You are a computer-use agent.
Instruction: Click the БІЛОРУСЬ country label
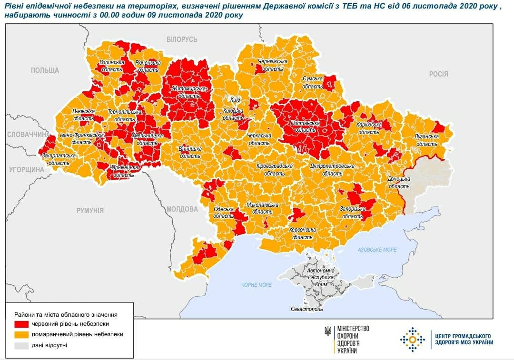[182, 39]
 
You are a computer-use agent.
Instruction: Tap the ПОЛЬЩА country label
[45, 70]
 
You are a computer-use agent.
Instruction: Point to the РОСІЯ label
[438, 74]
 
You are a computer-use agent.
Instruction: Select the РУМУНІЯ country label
[90, 210]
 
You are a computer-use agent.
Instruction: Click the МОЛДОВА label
[182, 209]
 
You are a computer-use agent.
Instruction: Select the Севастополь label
[306, 309]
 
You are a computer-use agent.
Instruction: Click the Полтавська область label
[306, 126]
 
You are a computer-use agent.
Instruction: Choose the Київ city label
[235, 100]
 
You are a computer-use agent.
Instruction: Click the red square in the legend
[22, 324]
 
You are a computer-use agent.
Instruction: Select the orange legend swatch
[22, 334]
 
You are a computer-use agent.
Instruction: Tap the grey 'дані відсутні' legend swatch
[22, 345]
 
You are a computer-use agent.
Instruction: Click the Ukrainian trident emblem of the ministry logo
[328, 330]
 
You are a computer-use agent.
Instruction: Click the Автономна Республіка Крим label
[321, 277]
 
